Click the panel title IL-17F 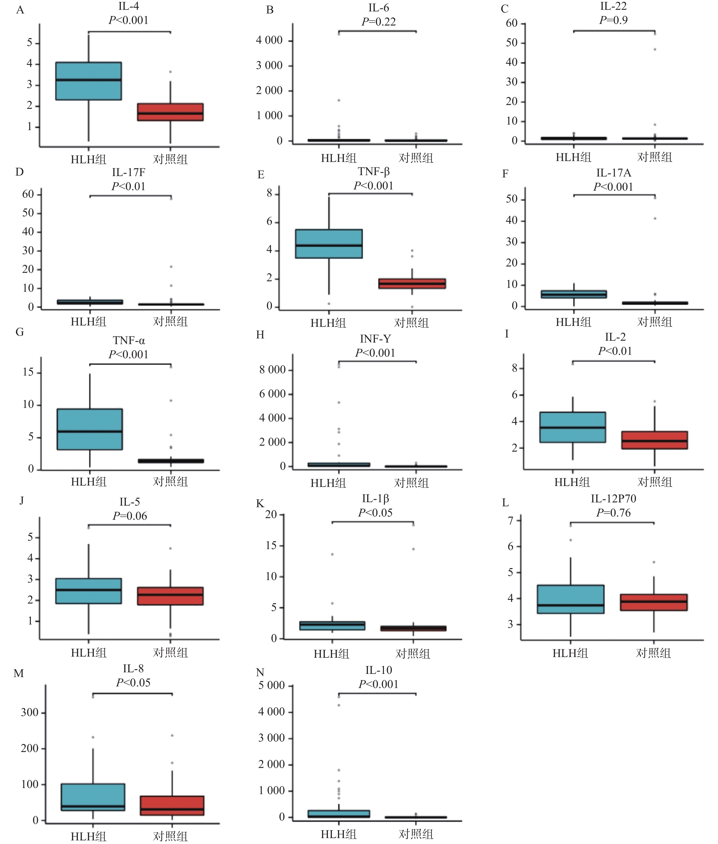coord(129,172)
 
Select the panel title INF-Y coord(375,339)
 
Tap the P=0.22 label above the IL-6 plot coord(379,22)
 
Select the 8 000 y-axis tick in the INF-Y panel coord(272,370)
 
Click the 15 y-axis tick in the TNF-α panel coord(28,372)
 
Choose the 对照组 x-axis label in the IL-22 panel coord(654,157)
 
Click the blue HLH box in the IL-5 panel coord(88,591)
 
